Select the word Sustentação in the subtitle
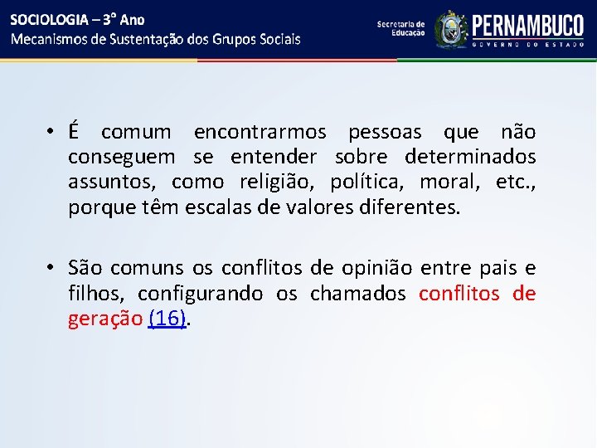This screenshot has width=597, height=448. pyautogui.click(x=148, y=39)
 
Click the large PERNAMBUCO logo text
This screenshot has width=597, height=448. pyautogui.click(x=527, y=25)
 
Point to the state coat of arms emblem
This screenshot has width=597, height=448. pyautogui.click(x=451, y=30)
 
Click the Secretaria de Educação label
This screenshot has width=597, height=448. pyautogui.click(x=400, y=29)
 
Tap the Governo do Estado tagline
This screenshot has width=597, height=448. pyautogui.click(x=527, y=46)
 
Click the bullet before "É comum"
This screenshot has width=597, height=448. pyautogui.click(x=51, y=133)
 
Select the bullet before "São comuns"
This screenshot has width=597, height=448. pyautogui.click(x=51, y=269)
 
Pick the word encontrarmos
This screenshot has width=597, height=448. pyautogui.click(x=260, y=133)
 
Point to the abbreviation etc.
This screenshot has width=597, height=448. pyautogui.click(x=514, y=183)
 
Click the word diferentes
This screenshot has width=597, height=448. pyautogui.click(x=404, y=207)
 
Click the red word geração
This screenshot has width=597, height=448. pyautogui.click(x=105, y=319)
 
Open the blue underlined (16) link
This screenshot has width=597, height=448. pyautogui.click(x=167, y=319)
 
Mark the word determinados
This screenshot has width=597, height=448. pyautogui.click(x=470, y=158)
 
